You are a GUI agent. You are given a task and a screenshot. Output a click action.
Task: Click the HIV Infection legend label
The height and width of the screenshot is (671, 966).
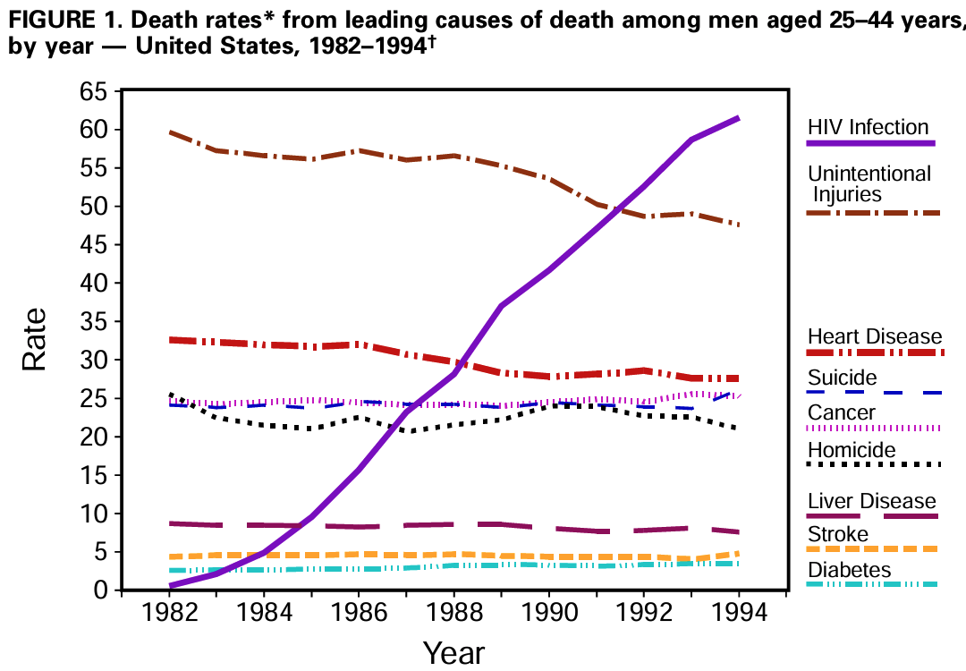pos(868,127)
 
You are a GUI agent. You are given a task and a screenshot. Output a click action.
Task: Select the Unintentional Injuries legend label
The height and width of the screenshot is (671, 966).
pos(869,183)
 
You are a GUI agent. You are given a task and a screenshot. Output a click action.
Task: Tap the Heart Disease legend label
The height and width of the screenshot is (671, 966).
pos(874,336)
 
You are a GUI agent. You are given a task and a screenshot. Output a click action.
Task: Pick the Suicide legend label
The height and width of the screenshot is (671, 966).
pos(843,377)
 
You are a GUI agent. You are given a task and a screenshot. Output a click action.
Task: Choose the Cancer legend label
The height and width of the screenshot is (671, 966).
pos(841,412)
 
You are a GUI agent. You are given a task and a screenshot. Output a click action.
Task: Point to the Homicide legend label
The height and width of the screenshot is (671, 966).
pos(851,450)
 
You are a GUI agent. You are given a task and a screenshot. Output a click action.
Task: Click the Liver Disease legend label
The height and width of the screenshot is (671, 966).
pos(871,501)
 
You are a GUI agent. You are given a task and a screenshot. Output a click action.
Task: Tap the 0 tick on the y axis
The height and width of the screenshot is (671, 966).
pos(99,590)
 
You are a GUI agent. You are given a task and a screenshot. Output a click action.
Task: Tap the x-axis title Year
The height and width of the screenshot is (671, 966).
pos(453,653)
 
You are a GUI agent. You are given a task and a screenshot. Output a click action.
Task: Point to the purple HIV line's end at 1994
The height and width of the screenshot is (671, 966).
pos(737,118)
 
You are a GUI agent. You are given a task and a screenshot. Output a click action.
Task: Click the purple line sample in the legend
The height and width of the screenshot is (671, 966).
pos(870,143)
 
